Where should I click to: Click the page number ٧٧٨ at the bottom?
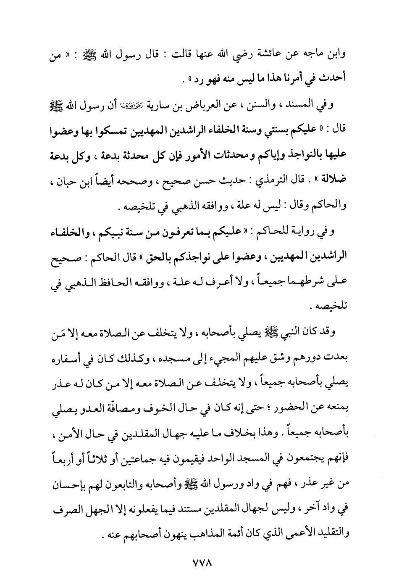click(x=197, y=563)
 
